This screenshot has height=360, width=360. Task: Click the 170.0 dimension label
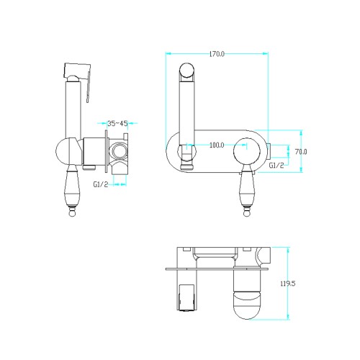(x=217, y=54)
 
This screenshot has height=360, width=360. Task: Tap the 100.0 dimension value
(x=217, y=145)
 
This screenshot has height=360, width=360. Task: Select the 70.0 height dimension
(x=301, y=152)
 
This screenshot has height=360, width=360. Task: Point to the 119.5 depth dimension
(x=288, y=284)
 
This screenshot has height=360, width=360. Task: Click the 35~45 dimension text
(x=117, y=124)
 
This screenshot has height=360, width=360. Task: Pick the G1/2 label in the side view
(x=101, y=184)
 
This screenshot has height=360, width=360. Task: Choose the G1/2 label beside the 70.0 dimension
(x=276, y=165)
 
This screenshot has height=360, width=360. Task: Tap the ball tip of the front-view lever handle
(x=247, y=213)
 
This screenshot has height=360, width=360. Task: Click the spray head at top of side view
(x=77, y=71)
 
